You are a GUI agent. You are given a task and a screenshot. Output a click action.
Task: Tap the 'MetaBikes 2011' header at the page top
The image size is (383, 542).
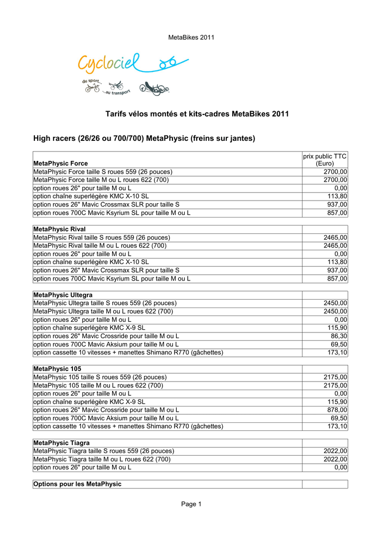click(191, 37)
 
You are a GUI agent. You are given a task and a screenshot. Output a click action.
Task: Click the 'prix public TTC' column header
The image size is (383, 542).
click(325, 159)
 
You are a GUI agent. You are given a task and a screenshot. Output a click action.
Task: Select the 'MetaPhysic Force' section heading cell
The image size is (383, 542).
click(61, 163)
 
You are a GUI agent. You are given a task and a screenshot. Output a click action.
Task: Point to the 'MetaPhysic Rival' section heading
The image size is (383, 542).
click(60, 229)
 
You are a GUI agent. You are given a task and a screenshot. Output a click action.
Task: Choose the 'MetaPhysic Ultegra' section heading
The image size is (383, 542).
click(63, 294)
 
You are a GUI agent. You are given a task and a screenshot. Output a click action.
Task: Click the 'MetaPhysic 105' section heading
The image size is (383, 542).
click(57, 368)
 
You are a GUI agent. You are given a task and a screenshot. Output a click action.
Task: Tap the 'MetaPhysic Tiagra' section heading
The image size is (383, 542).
click(61, 442)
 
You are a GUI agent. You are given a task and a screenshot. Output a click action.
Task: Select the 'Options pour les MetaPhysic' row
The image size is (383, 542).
click(77, 484)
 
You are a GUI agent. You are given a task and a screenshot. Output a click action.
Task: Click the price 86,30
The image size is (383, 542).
click(339, 336)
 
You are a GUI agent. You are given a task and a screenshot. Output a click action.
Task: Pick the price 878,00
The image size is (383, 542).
click(336, 410)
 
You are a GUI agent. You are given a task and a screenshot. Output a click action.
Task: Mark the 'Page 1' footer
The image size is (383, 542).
click(191, 504)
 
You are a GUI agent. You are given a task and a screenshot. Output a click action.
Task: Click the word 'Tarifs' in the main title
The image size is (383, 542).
click(116, 114)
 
